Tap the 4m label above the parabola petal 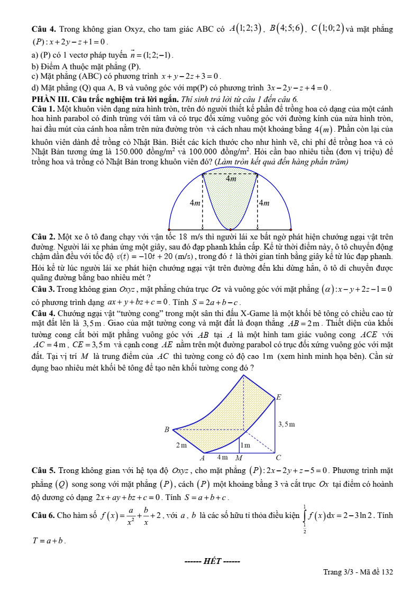[x=231, y=179]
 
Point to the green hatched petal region [x=230, y=201]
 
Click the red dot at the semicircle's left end [x=169, y=229]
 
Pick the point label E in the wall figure [x=279, y=396]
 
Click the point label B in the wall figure [x=167, y=429]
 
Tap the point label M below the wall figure [x=239, y=457]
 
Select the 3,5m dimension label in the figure [x=286, y=424]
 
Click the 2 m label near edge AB [x=181, y=445]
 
